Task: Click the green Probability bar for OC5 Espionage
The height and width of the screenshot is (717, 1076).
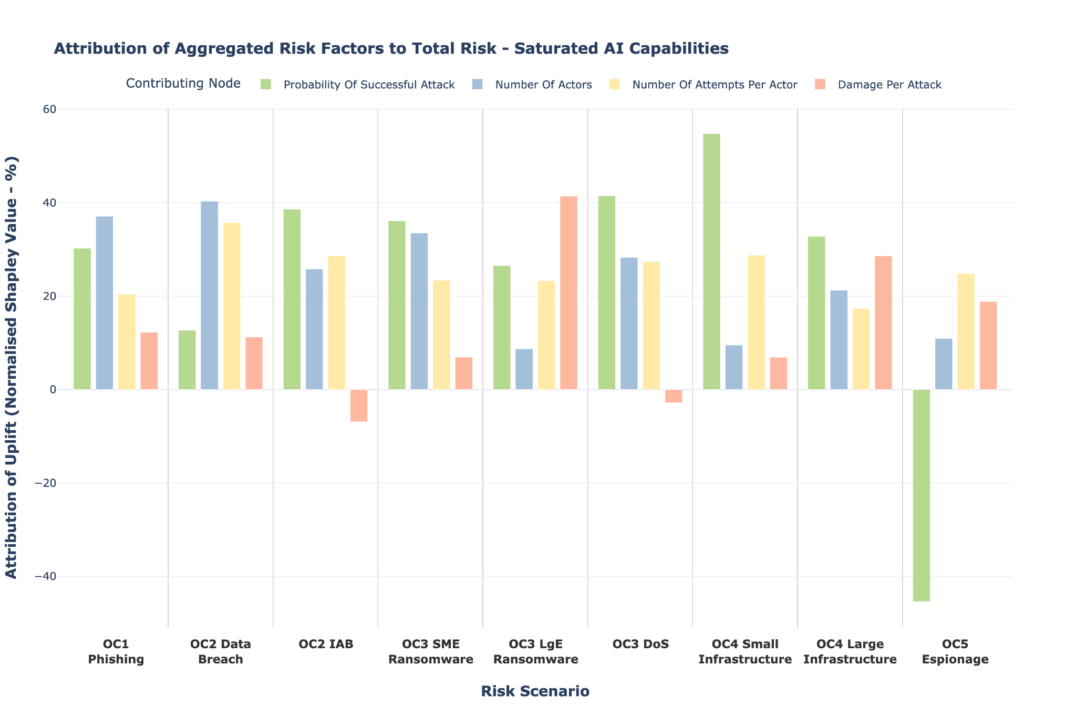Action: click(922, 495)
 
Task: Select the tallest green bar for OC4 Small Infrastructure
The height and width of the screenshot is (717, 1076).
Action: click(711, 262)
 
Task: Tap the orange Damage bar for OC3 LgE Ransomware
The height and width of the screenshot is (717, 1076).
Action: click(568, 293)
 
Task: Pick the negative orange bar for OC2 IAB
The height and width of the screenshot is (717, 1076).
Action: click(359, 406)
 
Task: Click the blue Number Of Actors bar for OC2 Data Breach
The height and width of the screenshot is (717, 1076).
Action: click(209, 295)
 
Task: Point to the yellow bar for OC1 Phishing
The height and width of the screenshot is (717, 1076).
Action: click(127, 342)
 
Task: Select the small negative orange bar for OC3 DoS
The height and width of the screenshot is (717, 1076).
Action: click(674, 396)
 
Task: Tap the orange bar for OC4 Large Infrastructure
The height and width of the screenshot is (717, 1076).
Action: click(883, 323)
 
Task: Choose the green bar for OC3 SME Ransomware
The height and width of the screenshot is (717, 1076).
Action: click(397, 305)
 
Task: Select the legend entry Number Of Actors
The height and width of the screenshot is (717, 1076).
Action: click(543, 85)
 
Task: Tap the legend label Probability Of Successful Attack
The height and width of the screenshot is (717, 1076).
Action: click(369, 85)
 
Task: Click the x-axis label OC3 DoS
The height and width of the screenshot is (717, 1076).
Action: click(640, 645)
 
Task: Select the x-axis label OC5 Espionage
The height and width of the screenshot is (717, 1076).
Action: click(955, 652)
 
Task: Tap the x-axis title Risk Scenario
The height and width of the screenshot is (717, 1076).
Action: click(535, 691)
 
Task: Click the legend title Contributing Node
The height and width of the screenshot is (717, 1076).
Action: click(183, 84)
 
